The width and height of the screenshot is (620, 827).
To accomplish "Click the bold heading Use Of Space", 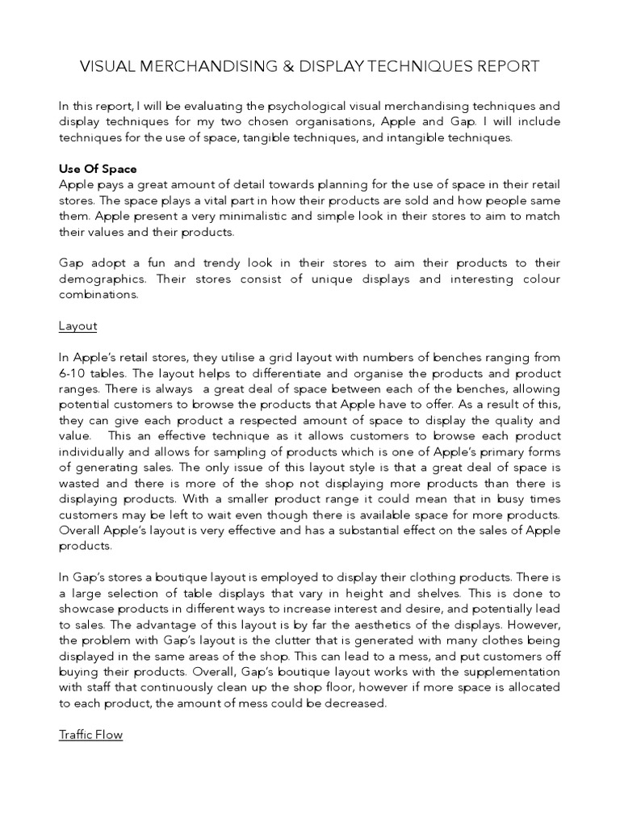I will (98, 169).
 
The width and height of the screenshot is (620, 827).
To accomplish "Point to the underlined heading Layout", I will (77, 326).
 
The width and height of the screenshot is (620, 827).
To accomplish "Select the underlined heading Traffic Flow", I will (90, 735).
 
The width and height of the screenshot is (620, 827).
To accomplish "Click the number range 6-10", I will (74, 373).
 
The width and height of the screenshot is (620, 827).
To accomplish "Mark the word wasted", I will (79, 484).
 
